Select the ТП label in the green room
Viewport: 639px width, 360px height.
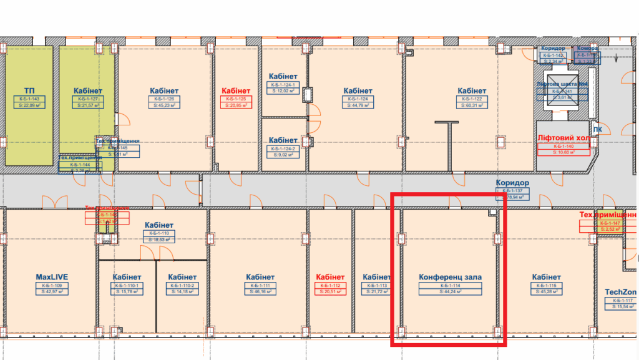[x=29, y=90]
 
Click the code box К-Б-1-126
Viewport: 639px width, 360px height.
[x=165, y=99]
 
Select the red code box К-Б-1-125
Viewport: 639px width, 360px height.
[x=237, y=99]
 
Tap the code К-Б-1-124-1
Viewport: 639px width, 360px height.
[x=284, y=84]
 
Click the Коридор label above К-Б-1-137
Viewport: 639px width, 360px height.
[x=512, y=183]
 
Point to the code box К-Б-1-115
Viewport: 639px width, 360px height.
[x=547, y=285]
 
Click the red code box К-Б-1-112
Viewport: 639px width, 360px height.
[x=330, y=285]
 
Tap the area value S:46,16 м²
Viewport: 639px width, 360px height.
[x=260, y=291]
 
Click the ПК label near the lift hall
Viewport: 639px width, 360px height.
[x=597, y=130]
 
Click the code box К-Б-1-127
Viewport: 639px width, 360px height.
[x=88, y=99]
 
